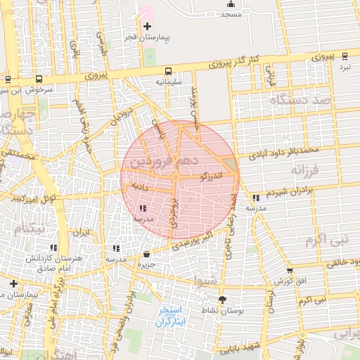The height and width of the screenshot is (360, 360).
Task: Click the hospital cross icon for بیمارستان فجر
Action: pyautogui.click(x=146, y=26)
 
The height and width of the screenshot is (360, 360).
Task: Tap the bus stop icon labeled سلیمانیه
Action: pyautogui.click(x=168, y=71)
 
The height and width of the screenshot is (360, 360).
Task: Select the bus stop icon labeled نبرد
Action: pyautogui.click(x=344, y=56)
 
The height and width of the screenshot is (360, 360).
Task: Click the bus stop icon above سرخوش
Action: pyautogui.click(x=39, y=79)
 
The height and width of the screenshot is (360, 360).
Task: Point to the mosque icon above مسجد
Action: pyautogui.click(x=230, y=4)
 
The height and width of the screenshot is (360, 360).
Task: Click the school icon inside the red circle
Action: pyautogui.click(x=143, y=208)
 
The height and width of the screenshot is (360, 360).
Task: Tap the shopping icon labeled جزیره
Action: pyautogui.click(x=146, y=254)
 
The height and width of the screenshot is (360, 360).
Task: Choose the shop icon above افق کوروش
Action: pyautogui.click(x=290, y=271)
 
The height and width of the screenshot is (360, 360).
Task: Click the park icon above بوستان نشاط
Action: pyautogui.click(x=222, y=299)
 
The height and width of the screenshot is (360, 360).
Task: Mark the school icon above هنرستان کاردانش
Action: pyautogui.click(x=53, y=247)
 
